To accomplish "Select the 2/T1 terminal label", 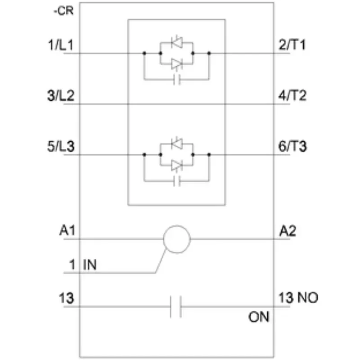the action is pyautogui.click(x=293, y=45).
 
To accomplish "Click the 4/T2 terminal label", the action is pyautogui.click(x=293, y=96).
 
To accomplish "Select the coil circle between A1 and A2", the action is pyautogui.click(x=177, y=238).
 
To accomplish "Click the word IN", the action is pyautogui.click(x=90, y=265).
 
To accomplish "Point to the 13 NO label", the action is pyautogui.click(x=298, y=298).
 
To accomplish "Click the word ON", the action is pyautogui.click(x=259, y=317).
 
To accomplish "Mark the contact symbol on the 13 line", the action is pyautogui.click(x=176, y=307).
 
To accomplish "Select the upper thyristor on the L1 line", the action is pyautogui.click(x=177, y=43).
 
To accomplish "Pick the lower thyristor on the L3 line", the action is pyautogui.click(x=177, y=166).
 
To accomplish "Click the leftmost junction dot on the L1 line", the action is pyautogui.click(x=144, y=53).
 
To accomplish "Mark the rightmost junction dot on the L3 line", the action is pyautogui.click(x=209, y=154).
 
